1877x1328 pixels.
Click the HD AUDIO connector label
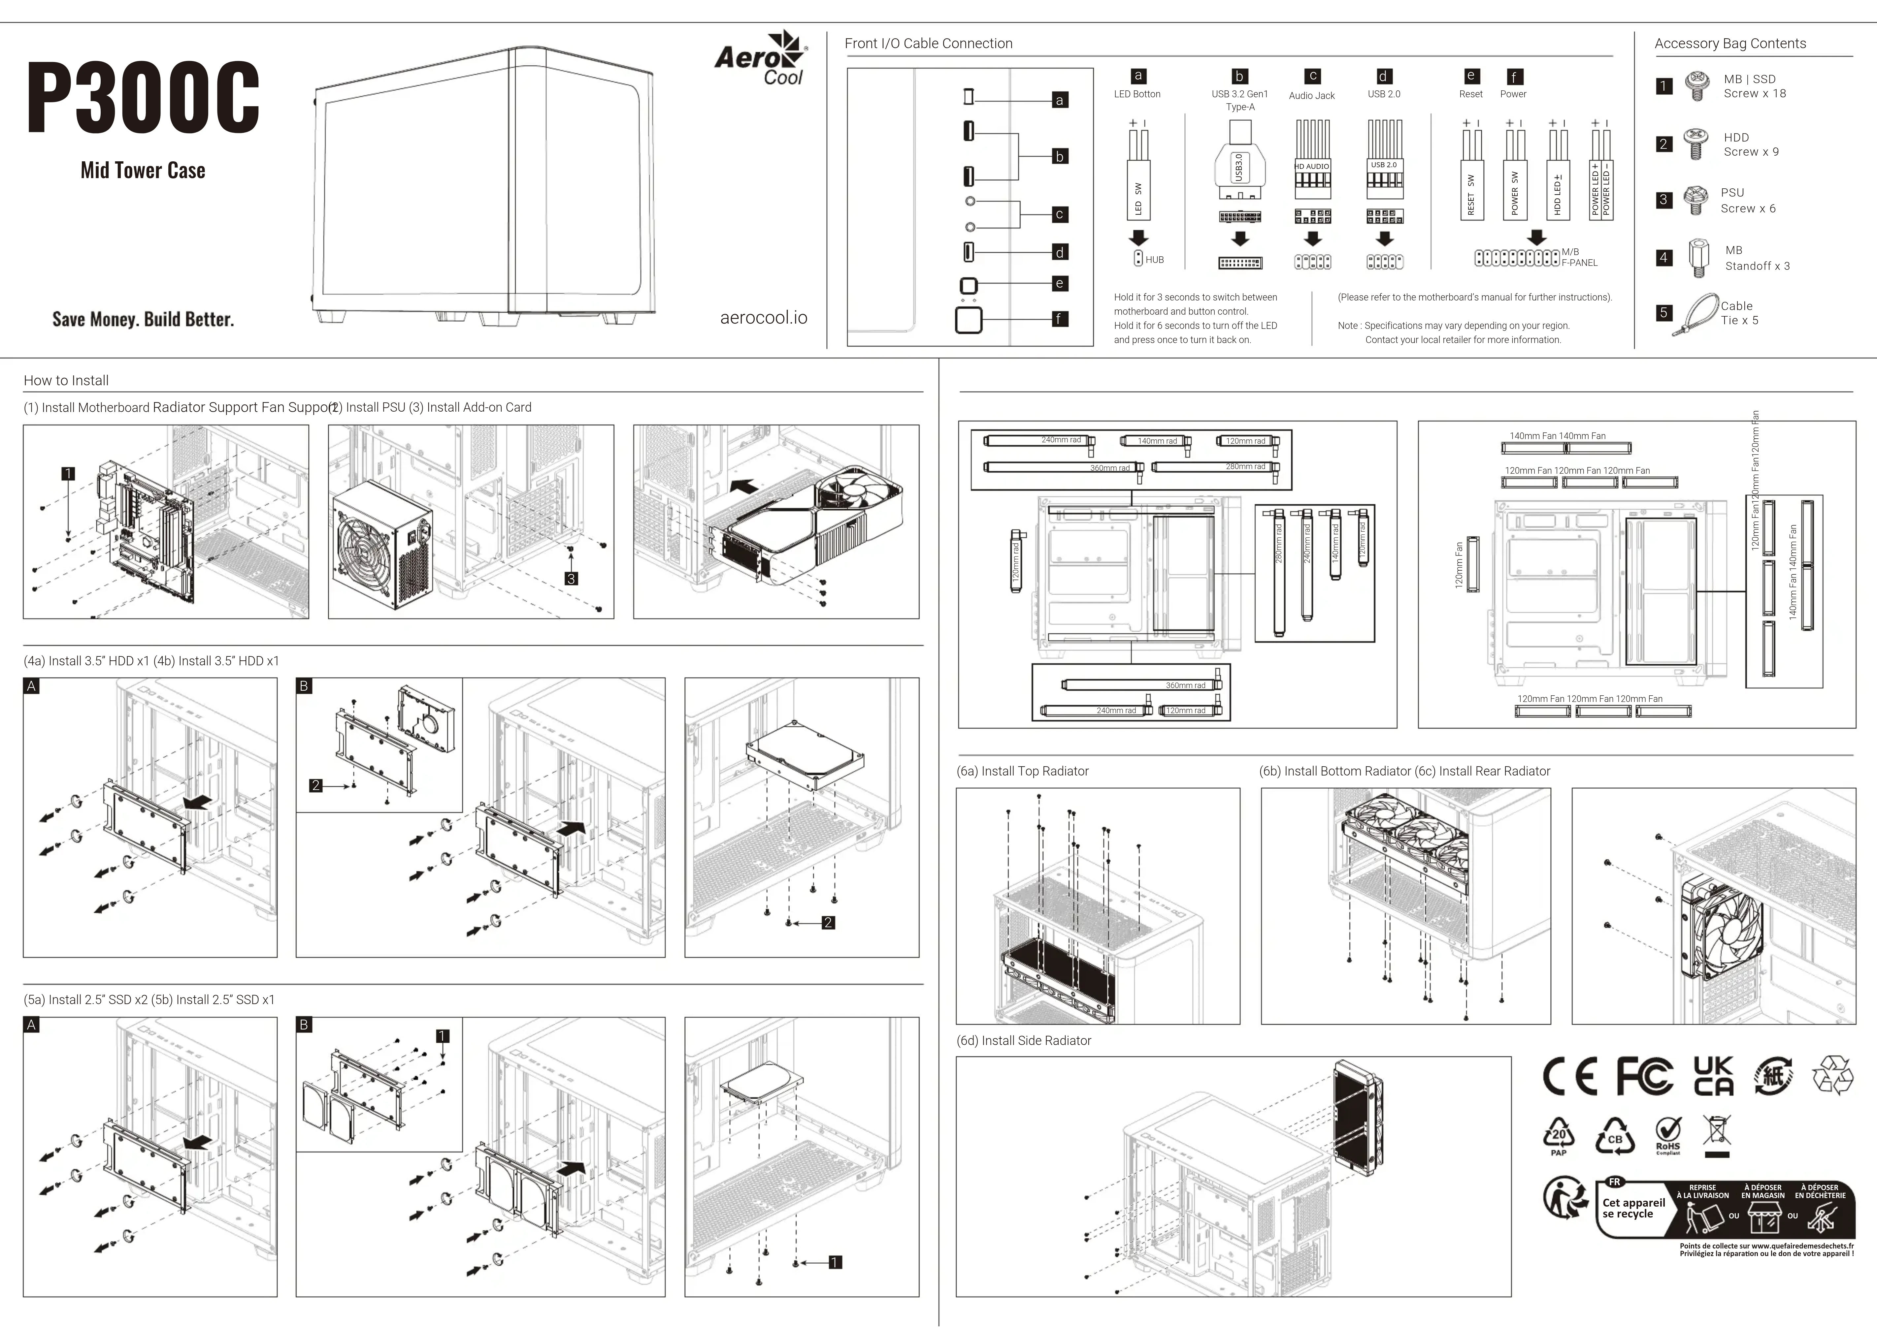coord(1312,166)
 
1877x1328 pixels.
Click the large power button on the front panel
coord(968,320)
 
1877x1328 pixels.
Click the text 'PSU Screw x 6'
coord(1748,200)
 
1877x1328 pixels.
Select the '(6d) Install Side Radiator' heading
coord(1024,1040)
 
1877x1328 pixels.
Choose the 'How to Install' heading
coord(66,380)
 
